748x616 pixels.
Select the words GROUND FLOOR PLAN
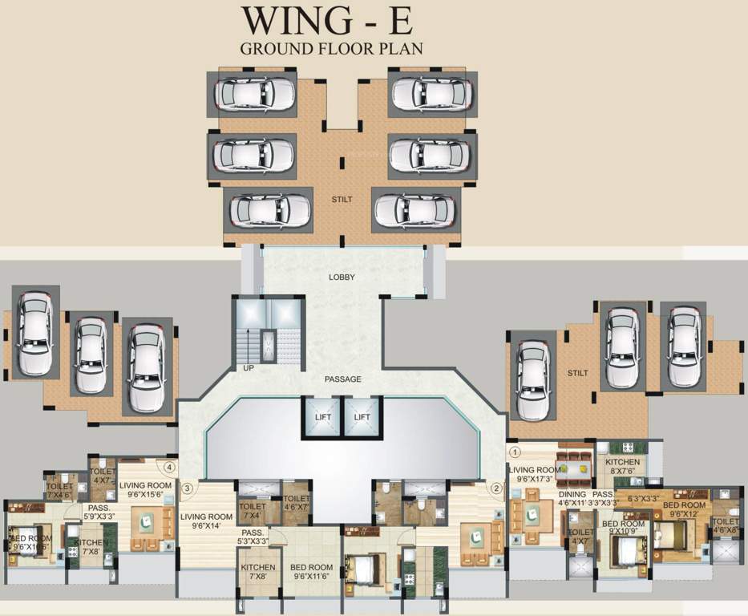tap(332, 47)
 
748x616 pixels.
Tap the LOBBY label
tap(342, 278)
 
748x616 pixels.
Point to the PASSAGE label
tap(343, 379)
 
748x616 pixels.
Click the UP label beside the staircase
tap(249, 368)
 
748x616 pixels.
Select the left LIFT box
tap(321, 417)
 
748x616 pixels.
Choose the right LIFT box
tap(363, 417)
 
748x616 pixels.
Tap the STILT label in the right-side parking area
tap(577, 373)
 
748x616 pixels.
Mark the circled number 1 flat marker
tap(516, 452)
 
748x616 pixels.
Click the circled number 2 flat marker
tap(496, 487)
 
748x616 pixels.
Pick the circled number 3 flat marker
tap(187, 487)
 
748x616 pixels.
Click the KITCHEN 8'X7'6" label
tap(623, 467)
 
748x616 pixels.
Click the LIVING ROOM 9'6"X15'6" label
tap(145, 490)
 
